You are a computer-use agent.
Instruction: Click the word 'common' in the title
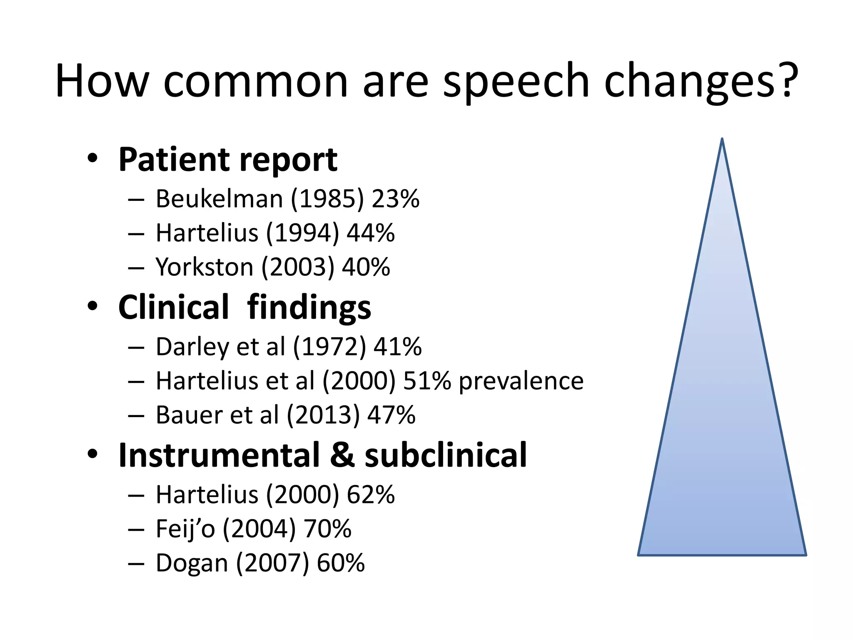click(x=255, y=81)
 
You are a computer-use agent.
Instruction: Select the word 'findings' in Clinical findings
click(x=309, y=307)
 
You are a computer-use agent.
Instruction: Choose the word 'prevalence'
click(x=521, y=381)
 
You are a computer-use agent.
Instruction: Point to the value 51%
click(x=427, y=381)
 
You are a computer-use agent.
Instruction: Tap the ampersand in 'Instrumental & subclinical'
click(x=342, y=455)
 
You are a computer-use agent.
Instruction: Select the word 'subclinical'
click(x=446, y=455)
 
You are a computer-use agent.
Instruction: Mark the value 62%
click(x=370, y=495)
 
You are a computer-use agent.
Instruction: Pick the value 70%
click(x=327, y=529)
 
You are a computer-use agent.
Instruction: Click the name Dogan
click(x=192, y=563)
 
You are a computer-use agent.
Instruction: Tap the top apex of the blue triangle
click(x=722, y=140)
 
